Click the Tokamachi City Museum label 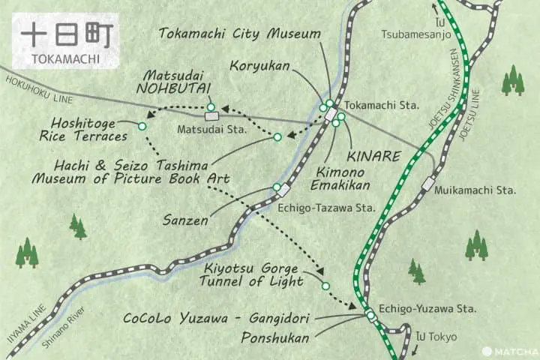240,34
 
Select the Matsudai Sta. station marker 211,116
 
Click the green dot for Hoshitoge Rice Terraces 142,125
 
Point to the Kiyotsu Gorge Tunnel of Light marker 325,286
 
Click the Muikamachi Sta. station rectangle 427,182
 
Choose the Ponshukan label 274,338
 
